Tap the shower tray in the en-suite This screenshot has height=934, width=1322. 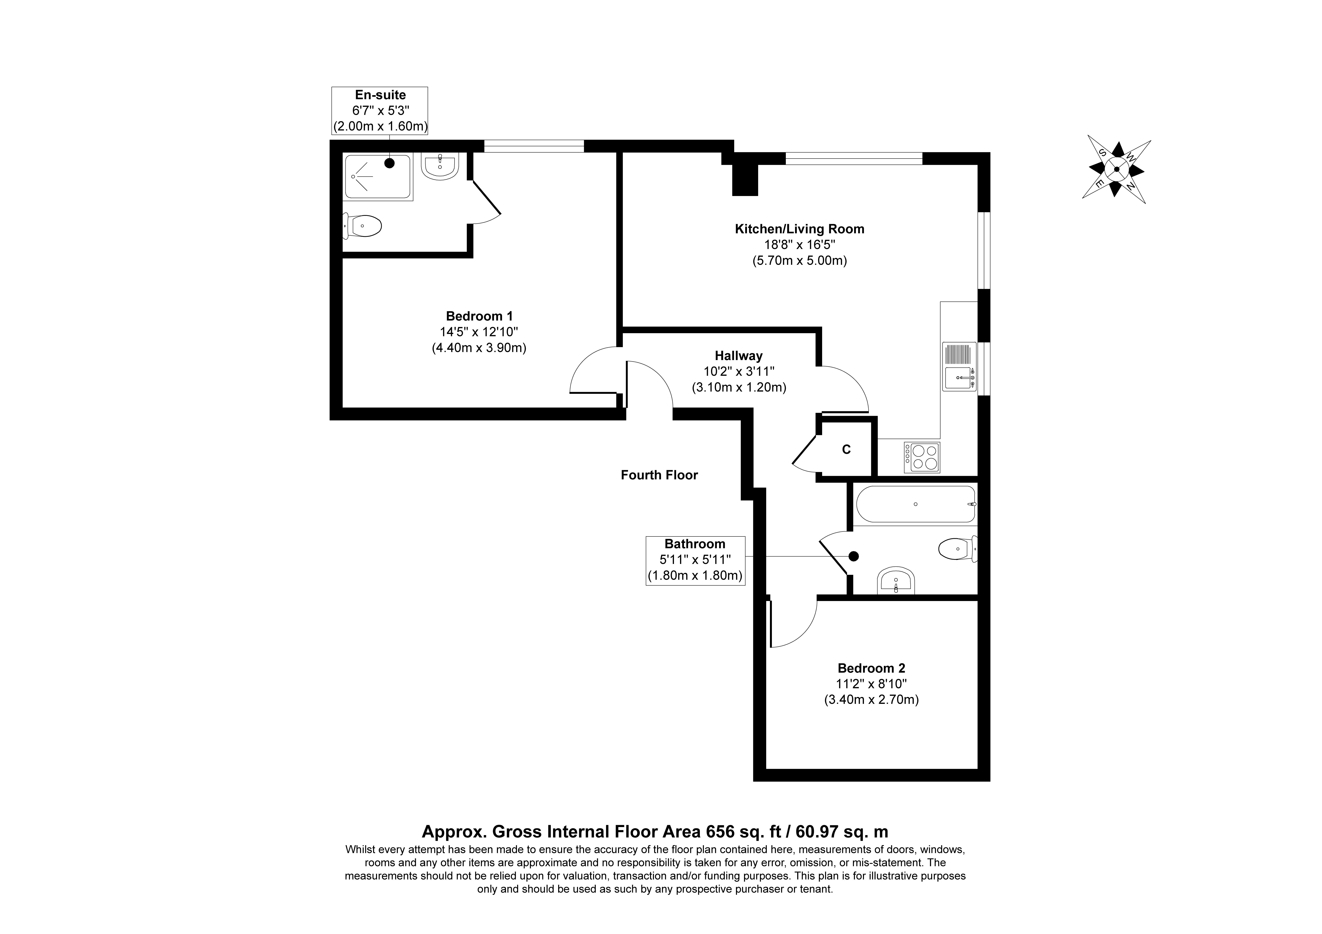pyautogui.click(x=378, y=177)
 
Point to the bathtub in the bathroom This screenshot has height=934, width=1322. pyautogui.click(x=916, y=504)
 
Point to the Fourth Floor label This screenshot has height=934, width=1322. pyautogui.click(x=659, y=475)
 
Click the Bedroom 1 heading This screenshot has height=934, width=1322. pyautogui.click(x=479, y=316)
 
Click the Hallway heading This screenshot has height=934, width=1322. pyautogui.click(x=739, y=356)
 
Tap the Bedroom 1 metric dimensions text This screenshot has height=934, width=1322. pyautogui.click(x=479, y=348)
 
